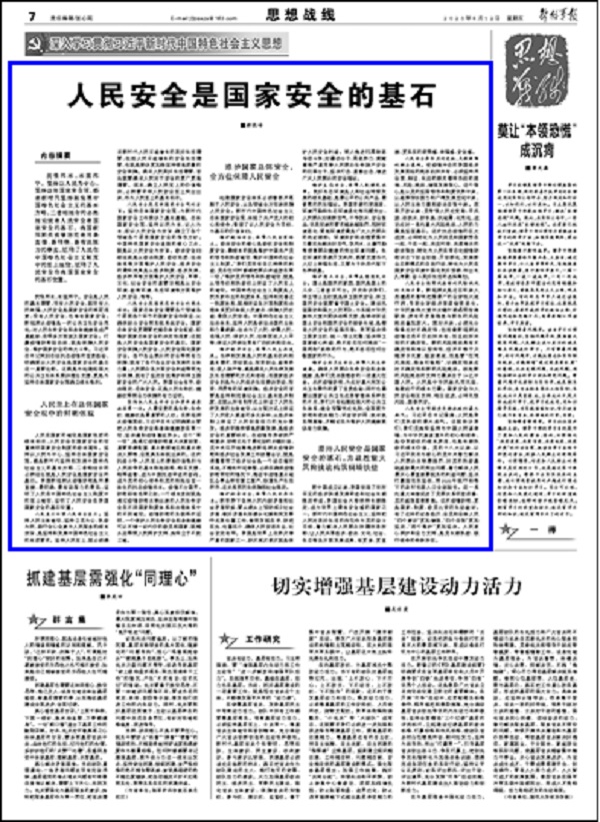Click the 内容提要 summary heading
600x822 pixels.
(x=58, y=154)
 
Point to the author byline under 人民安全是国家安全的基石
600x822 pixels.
(x=254, y=125)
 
